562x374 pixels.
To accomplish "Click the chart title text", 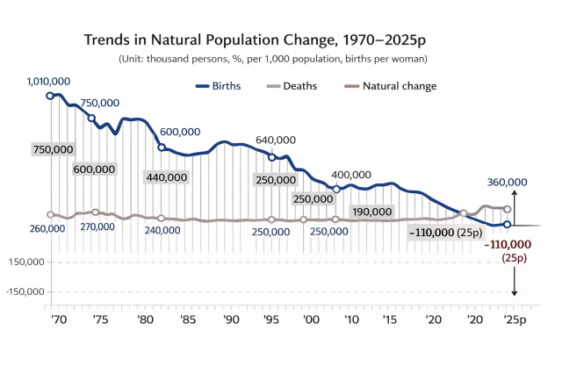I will [x=260, y=40].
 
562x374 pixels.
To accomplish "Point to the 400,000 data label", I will [x=351, y=175].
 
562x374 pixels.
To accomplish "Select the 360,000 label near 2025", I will [x=507, y=182].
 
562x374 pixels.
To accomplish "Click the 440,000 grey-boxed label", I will [x=166, y=177].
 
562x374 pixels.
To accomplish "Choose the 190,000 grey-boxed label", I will [x=371, y=212].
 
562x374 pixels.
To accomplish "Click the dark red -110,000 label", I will [x=508, y=243].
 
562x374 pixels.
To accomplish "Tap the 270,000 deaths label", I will [x=96, y=226].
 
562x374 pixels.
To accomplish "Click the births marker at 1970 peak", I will [x=50, y=95].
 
